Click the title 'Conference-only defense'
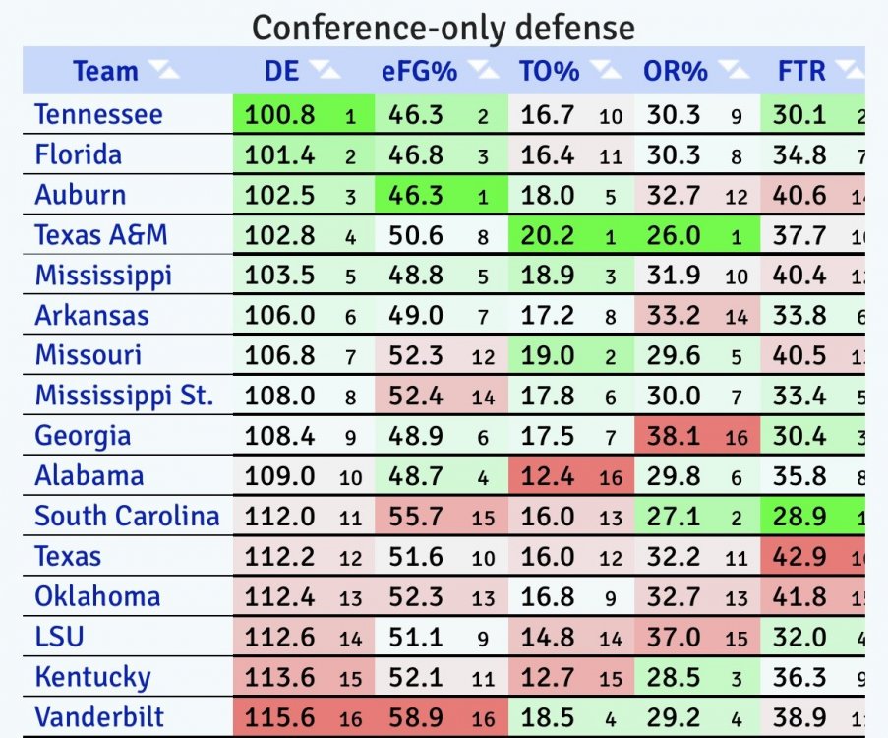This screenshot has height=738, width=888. tap(444, 27)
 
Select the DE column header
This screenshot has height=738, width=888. tap(281, 72)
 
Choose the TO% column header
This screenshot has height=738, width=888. tap(550, 72)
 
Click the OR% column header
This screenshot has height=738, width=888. tap(676, 72)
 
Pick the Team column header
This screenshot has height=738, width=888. tap(105, 72)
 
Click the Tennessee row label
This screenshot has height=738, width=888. tap(98, 114)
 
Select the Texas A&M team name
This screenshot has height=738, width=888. tap(101, 235)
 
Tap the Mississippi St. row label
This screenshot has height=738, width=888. tap(124, 396)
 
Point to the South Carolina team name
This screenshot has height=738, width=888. tap(127, 516)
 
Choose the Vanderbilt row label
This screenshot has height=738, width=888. tap(100, 716)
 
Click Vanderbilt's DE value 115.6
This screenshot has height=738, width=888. tap(280, 717)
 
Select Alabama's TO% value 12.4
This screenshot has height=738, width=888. tap(547, 476)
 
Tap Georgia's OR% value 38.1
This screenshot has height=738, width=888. tap(674, 436)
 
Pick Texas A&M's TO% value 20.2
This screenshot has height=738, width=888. tap(547, 235)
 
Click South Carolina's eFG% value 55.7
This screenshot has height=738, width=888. tap(415, 517)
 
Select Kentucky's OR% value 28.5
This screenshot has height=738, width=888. tap(674, 677)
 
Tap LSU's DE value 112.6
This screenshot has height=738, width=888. tap(280, 638)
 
